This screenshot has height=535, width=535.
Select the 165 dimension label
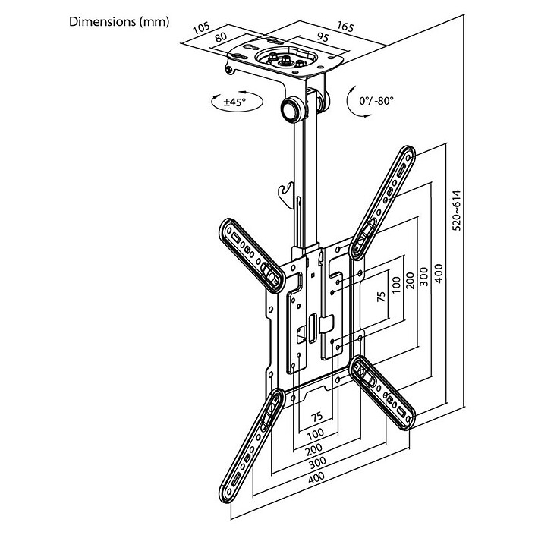345,27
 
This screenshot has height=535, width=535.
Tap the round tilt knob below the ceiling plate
293,107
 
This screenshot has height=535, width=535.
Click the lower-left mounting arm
250,448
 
